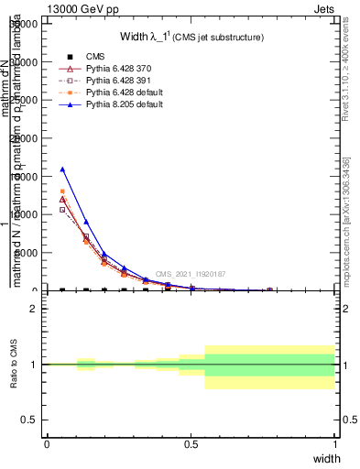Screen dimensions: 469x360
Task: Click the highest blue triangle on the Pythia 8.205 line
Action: click(x=62, y=169)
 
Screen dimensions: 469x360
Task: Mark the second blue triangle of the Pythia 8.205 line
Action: click(x=86, y=222)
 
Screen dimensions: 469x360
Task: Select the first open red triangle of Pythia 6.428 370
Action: click(x=62, y=199)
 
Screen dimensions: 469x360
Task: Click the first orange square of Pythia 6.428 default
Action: click(x=62, y=191)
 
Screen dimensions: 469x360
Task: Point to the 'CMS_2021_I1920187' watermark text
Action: click(x=190, y=274)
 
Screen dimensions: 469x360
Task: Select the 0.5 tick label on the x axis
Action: click(x=191, y=443)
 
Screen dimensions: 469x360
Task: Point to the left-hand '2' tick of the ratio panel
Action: click(x=37, y=309)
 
